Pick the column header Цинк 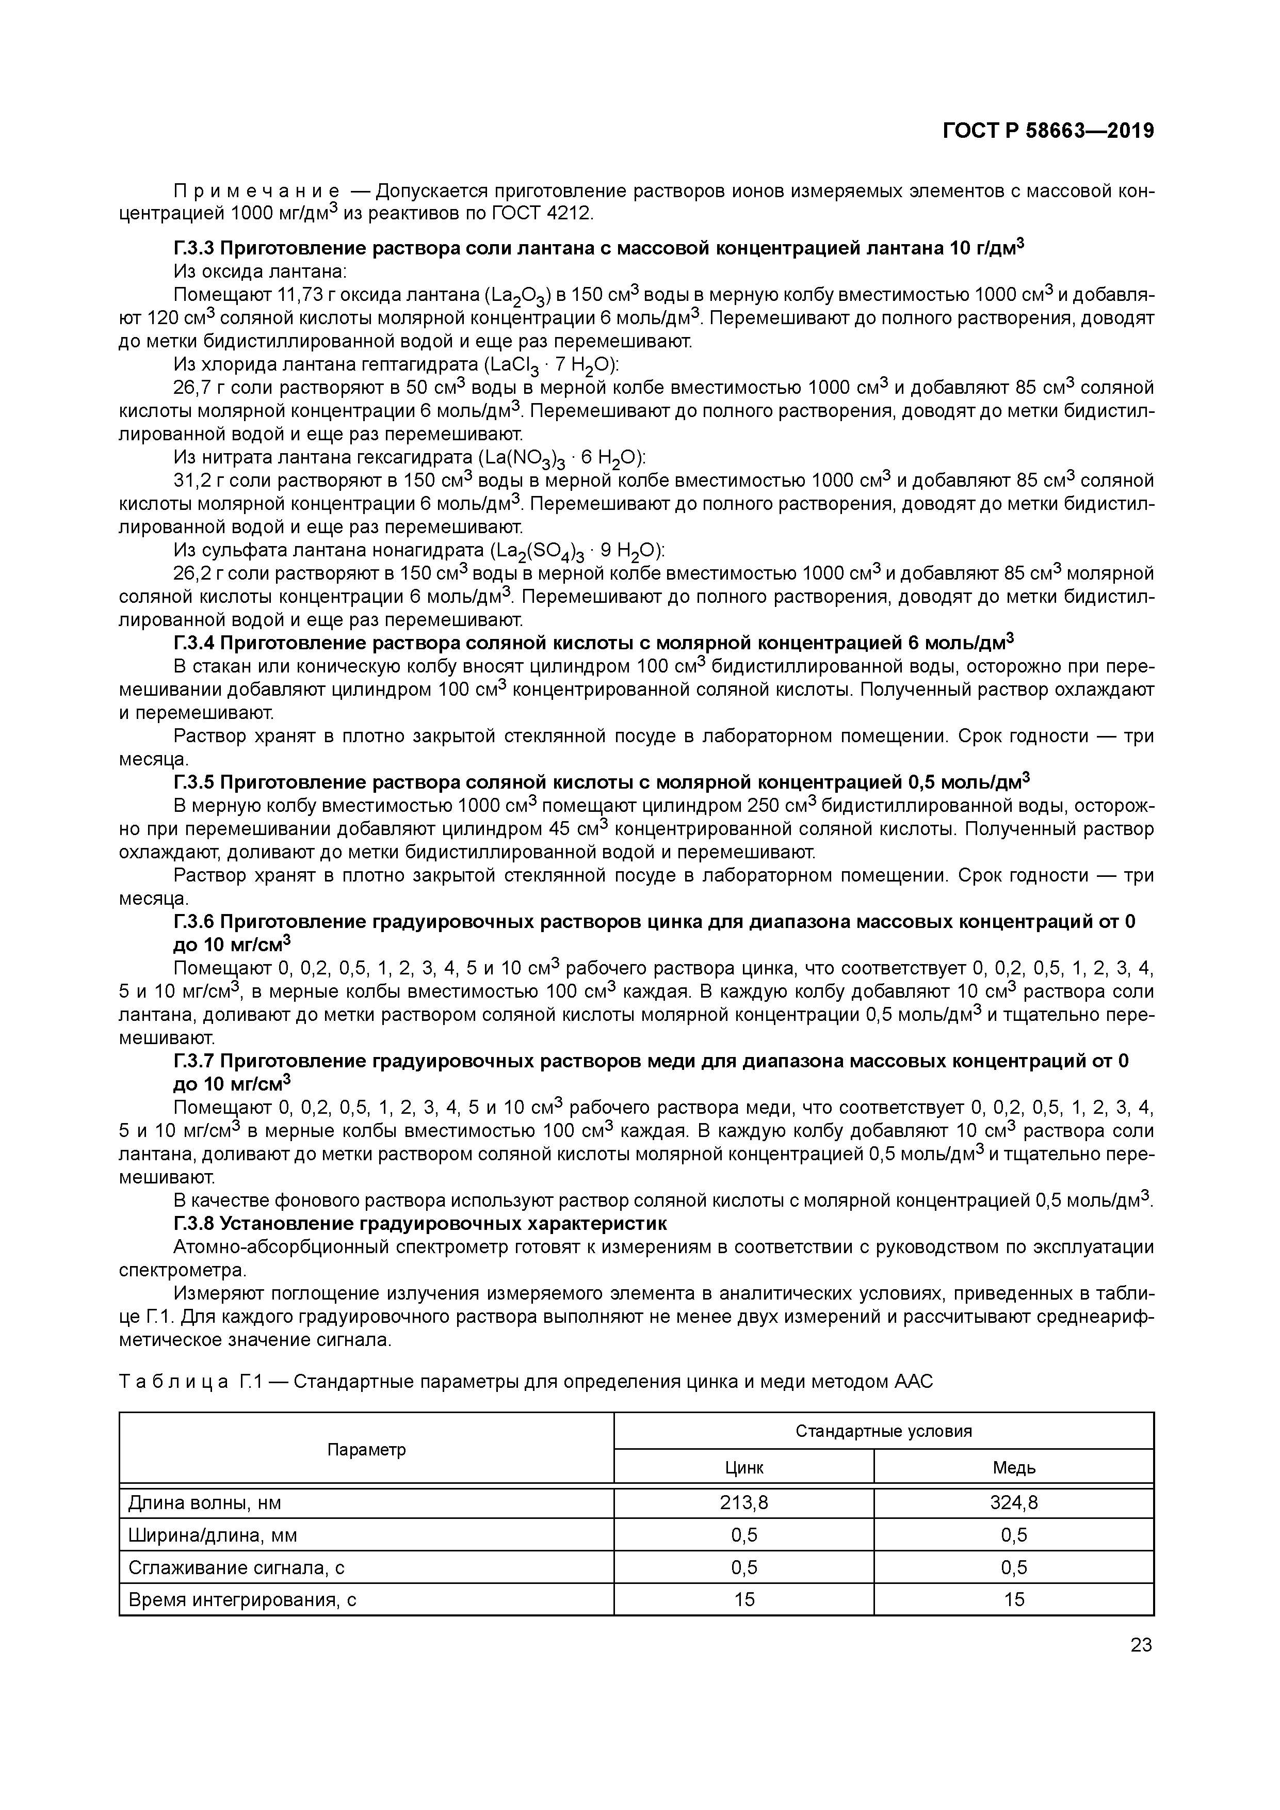coord(743,1468)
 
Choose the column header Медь coord(1014,1468)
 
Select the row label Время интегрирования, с coord(243,1599)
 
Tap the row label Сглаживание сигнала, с coord(236,1567)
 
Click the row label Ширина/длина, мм coord(213,1535)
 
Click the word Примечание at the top coord(257,191)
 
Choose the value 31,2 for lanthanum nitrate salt coord(190,481)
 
